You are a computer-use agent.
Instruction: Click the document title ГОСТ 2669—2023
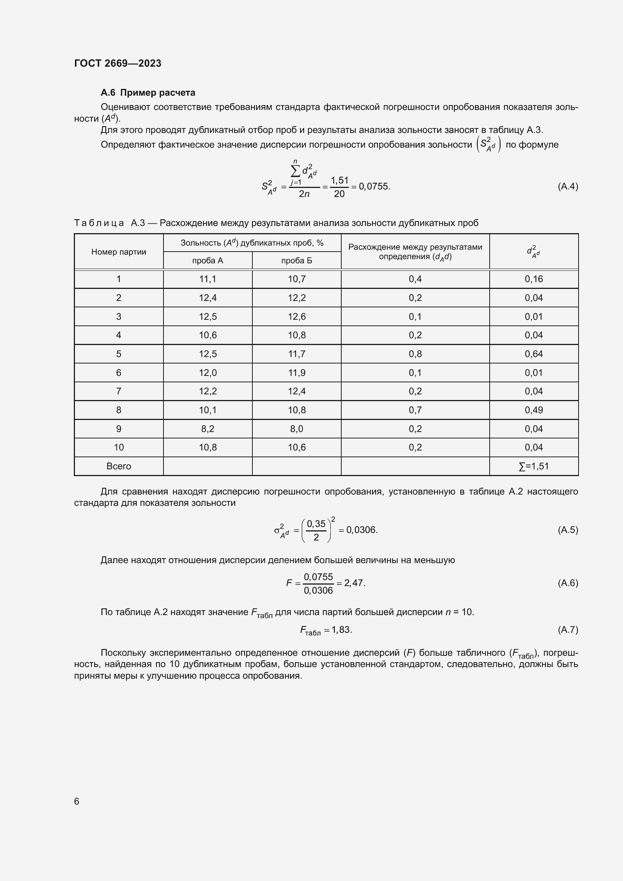[x=118, y=63]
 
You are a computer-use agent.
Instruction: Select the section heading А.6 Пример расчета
[x=148, y=93]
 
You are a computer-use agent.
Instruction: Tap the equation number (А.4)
[x=567, y=186]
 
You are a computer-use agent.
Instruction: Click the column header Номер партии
[x=119, y=252]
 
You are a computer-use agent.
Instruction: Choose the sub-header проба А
[x=208, y=261]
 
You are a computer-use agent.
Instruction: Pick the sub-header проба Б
[x=296, y=261]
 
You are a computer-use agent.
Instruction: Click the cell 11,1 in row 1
[x=208, y=279]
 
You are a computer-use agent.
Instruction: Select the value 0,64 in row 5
[x=534, y=354]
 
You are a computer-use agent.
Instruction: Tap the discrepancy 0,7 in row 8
[x=415, y=410]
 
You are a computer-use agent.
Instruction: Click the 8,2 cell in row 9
[x=208, y=429]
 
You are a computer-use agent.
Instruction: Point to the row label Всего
[x=119, y=466]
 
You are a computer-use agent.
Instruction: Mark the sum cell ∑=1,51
[x=534, y=466]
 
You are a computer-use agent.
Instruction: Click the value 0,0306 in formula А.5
[x=361, y=530]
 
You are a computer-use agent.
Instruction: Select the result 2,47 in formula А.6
[x=354, y=583]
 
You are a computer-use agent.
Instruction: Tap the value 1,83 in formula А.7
[x=341, y=630]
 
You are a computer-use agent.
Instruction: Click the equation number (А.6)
[x=567, y=583]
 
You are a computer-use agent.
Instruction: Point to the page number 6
[x=77, y=801]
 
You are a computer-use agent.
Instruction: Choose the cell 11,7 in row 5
[x=296, y=354]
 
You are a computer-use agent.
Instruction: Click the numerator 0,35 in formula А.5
[x=316, y=524]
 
